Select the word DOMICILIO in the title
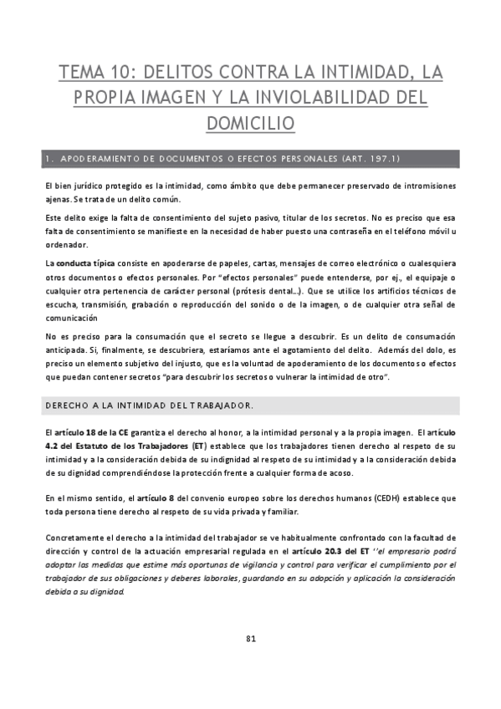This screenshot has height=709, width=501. (250, 123)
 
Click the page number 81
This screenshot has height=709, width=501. (250, 640)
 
